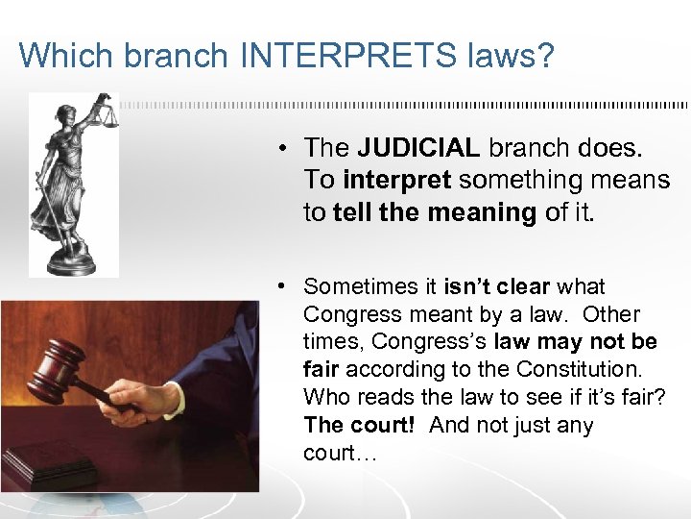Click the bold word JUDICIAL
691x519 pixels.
pos(418,148)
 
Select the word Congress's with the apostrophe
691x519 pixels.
pos(430,342)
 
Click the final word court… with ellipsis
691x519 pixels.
pos(340,453)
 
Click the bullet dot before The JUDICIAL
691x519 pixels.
pos(285,149)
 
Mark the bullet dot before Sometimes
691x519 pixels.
pos(285,286)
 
